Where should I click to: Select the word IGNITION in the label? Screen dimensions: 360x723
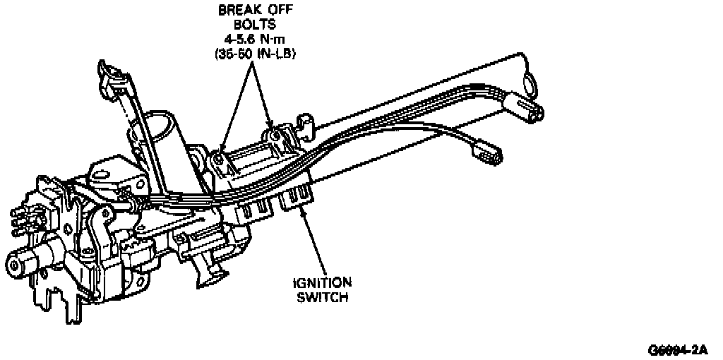[321, 283]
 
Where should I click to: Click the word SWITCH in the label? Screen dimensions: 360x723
[321, 297]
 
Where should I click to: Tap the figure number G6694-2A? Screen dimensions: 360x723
[678, 350]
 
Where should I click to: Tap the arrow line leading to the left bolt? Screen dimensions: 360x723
[234, 106]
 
